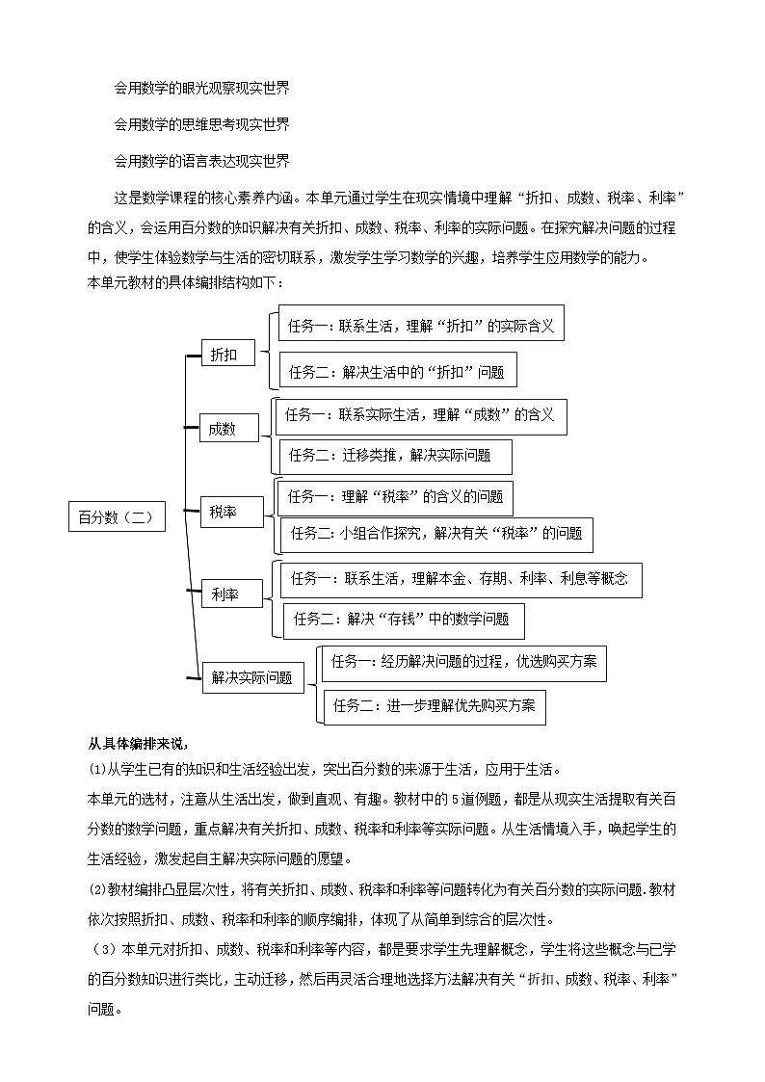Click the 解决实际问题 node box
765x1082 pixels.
pyautogui.click(x=252, y=677)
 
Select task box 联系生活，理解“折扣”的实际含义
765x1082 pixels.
pyautogui.click(x=421, y=326)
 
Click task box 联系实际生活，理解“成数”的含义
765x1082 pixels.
pyautogui.click(x=419, y=415)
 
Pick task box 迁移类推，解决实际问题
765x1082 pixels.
pyautogui.click(x=396, y=456)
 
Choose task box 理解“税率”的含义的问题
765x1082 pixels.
pyautogui.click(x=394, y=497)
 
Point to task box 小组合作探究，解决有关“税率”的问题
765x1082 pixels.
pyautogui.click(x=435, y=534)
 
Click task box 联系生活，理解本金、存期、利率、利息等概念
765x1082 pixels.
pyautogui.click(x=461, y=579)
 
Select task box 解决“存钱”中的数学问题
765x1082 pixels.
pyautogui.click(x=403, y=620)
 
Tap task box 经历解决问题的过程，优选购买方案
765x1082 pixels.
pyautogui.click(x=463, y=662)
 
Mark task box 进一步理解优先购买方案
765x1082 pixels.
pyautogui.click(x=434, y=705)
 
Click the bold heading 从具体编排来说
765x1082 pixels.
pyautogui.click(x=137, y=742)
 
